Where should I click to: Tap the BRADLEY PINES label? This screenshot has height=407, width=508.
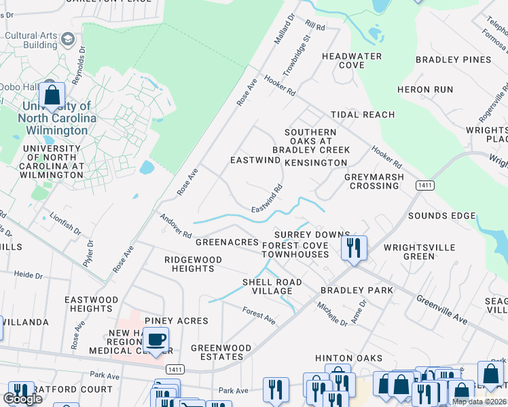coord(454,60)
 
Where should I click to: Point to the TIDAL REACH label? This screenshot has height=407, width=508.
coord(362,115)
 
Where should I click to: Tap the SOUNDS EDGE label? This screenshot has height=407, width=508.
coord(441,216)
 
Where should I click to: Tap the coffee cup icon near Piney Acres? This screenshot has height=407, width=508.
coord(156,339)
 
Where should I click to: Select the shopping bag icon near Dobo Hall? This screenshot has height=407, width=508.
coord(52,96)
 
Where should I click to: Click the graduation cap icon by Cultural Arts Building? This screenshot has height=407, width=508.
coord(67,39)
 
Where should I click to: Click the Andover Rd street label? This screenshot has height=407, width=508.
coord(175,226)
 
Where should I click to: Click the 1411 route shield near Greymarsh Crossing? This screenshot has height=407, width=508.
coord(425,185)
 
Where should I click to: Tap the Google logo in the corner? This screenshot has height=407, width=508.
coord(22,399)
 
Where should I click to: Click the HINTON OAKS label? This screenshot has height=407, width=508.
coord(348,357)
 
